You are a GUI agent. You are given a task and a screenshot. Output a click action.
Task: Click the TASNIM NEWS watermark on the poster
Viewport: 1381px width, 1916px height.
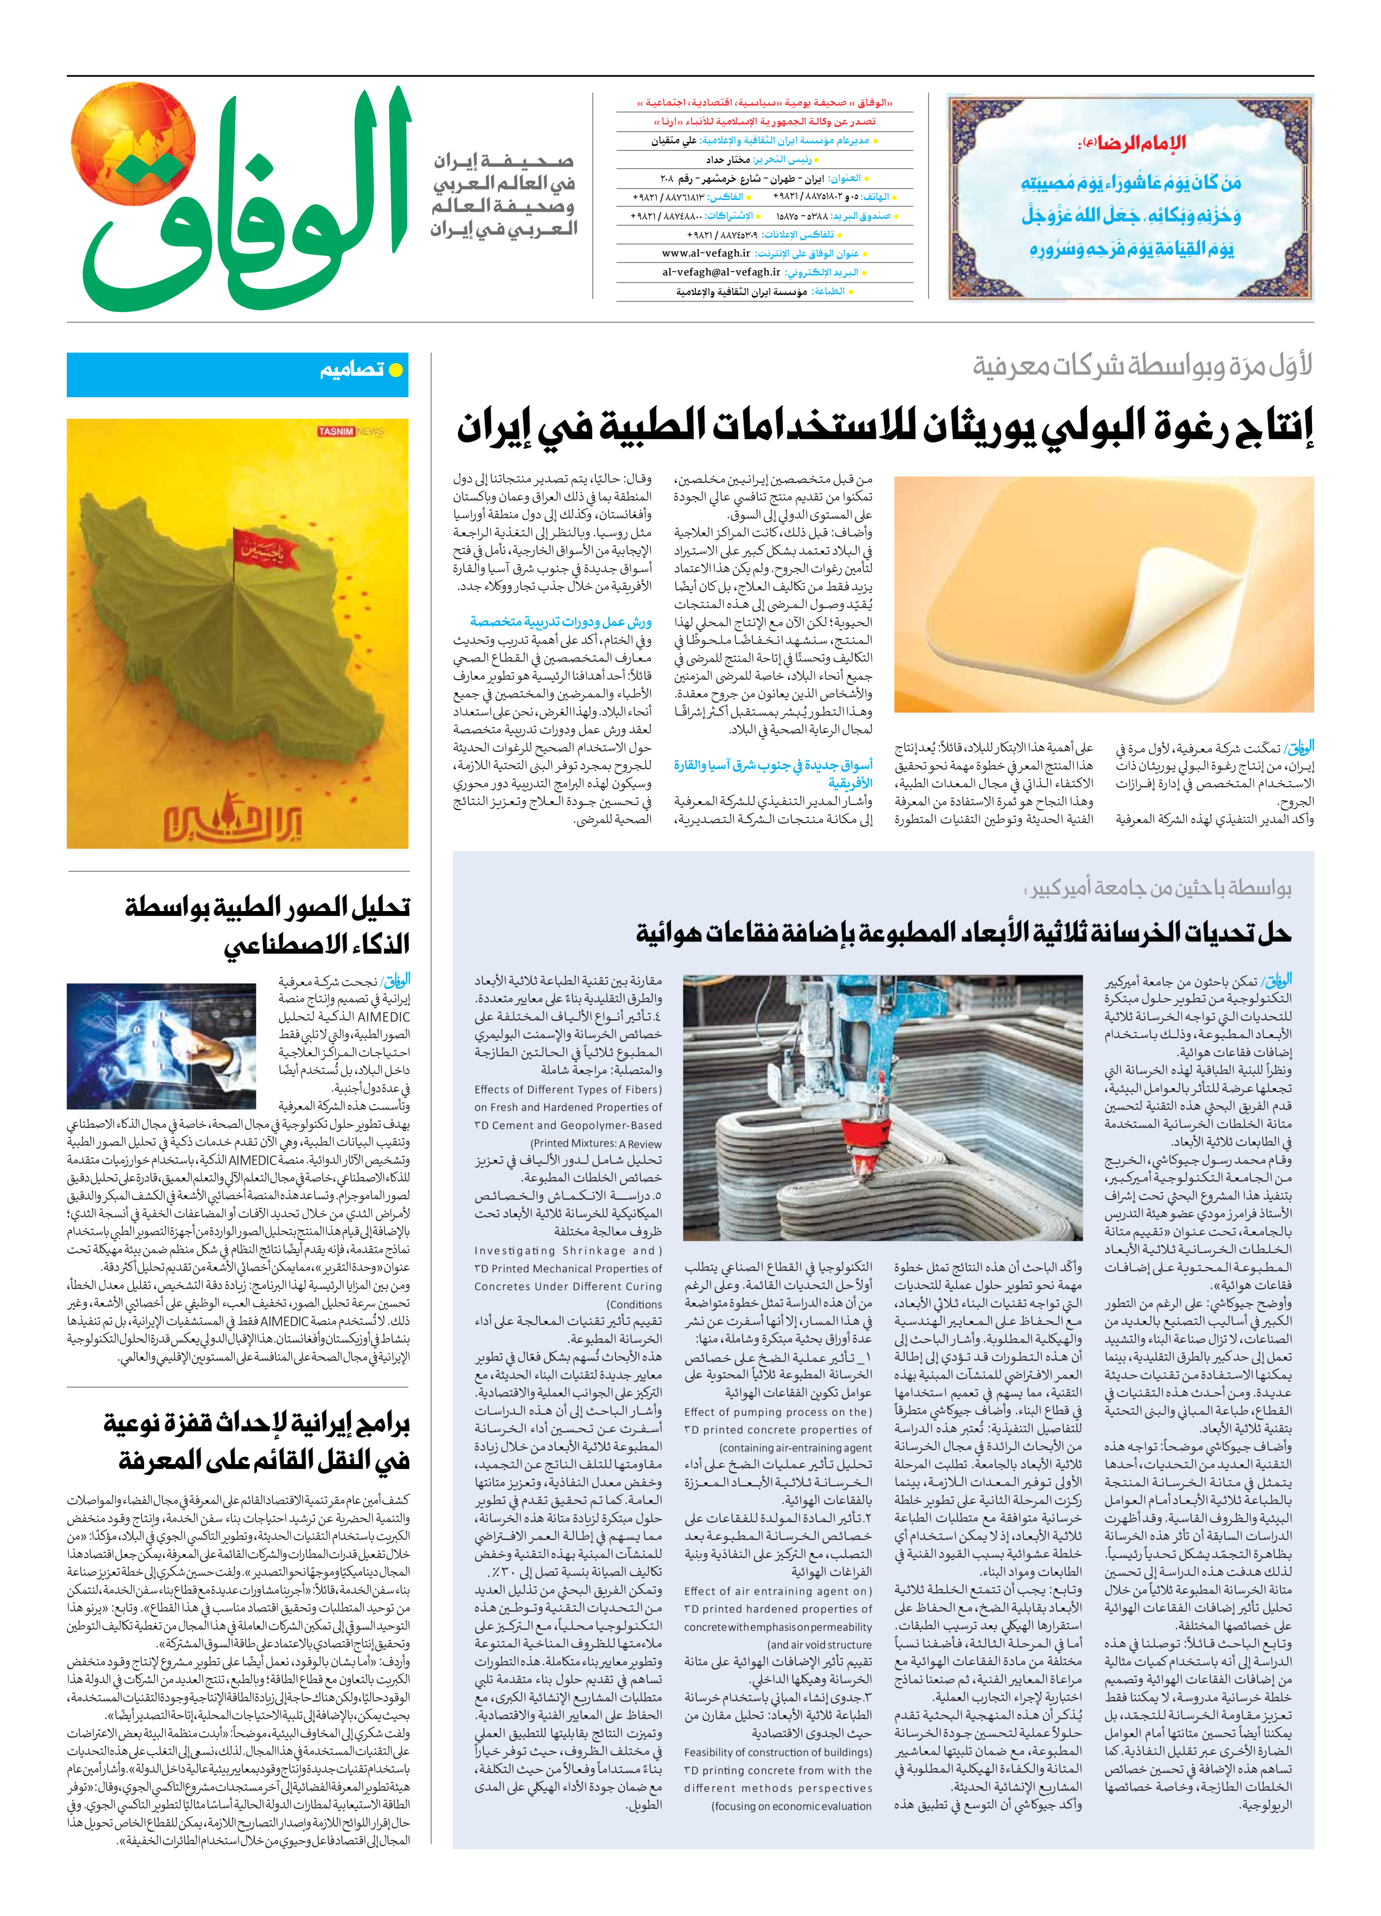coord(350,431)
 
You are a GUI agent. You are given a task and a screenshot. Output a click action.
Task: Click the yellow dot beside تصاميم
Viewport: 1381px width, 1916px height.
coord(394,370)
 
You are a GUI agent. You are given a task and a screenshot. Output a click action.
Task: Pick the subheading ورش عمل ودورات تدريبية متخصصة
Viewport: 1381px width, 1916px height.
coord(560,621)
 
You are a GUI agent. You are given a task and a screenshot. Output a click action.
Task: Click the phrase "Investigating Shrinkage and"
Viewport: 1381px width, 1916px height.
coord(568,1250)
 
